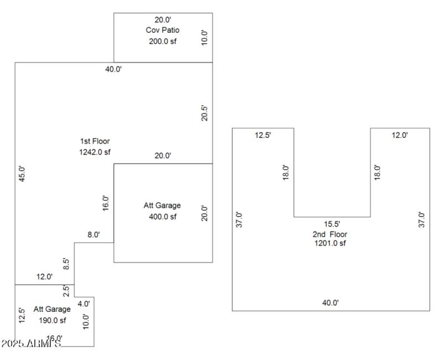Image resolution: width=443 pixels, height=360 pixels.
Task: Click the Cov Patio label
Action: pyautogui.click(x=162, y=30)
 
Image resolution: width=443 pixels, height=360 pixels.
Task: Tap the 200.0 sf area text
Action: pyautogui.click(x=162, y=41)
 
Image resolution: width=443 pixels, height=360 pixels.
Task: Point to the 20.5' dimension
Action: pyautogui.click(x=204, y=113)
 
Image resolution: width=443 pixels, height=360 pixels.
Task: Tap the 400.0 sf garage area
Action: pyautogui.click(x=162, y=217)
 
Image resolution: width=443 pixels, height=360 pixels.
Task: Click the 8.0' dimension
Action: pyautogui.click(x=94, y=235)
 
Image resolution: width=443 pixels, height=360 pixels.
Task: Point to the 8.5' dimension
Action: pyautogui.click(x=66, y=263)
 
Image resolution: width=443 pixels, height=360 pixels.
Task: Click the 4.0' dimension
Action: pyautogui.click(x=84, y=303)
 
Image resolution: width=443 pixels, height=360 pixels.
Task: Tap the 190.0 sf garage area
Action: pyautogui.click(x=51, y=320)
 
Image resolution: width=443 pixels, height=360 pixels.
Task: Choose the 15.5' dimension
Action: pyautogui.click(x=332, y=224)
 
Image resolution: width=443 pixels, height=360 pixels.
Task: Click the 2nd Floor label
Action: pyautogui.click(x=330, y=234)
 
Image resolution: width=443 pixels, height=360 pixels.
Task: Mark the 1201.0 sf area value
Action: pyautogui.click(x=330, y=243)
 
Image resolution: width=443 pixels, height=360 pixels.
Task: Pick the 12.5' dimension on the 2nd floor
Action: pyautogui.click(x=262, y=135)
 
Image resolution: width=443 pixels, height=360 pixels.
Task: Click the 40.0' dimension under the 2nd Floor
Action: pyautogui.click(x=330, y=302)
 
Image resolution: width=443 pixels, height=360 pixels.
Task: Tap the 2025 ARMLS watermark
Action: pyautogui.click(x=30, y=344)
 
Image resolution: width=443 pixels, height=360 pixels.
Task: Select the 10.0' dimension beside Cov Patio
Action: pyautogui.click(x=204, y=38)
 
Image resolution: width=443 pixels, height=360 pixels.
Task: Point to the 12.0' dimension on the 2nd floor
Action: pyautogui.click(x=399, y=135)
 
